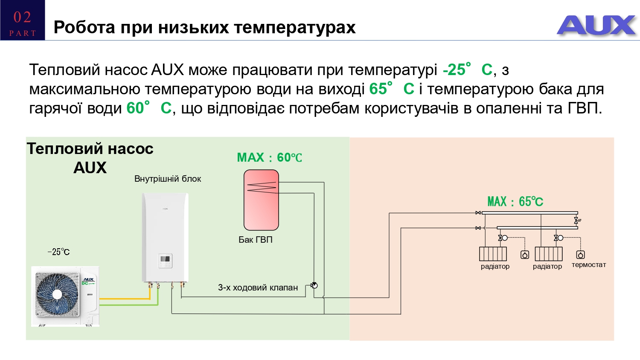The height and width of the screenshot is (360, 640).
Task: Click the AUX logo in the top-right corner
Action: coord(596,25)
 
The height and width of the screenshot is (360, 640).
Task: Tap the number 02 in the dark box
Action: coord(22,17)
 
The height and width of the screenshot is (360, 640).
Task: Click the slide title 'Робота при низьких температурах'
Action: coord(204,27)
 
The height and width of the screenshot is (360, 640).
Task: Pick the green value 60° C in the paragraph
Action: coord(149,108)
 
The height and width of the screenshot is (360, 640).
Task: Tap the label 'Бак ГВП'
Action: coord(255,240)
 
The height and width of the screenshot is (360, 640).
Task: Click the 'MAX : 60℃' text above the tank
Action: coord(269,158)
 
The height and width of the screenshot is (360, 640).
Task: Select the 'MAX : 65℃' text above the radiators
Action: coord(515,202)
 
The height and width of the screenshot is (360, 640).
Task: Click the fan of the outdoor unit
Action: coord(57,294)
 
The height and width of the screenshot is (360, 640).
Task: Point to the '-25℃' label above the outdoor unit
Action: coord(59,252)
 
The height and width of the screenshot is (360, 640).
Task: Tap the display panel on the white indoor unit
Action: coord(165,260)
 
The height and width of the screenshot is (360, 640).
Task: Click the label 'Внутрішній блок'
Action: coord(168,179)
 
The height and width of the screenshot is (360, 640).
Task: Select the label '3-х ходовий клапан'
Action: coord(258,287)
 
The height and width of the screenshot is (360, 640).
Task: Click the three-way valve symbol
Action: coord(314,285)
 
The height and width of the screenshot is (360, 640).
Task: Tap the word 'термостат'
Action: coord(588,265)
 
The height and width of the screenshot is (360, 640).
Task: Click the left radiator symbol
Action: coord(493,254)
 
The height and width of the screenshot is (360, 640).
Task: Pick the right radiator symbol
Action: coord(549,254)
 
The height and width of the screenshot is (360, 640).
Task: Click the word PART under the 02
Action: coord(22,33)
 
